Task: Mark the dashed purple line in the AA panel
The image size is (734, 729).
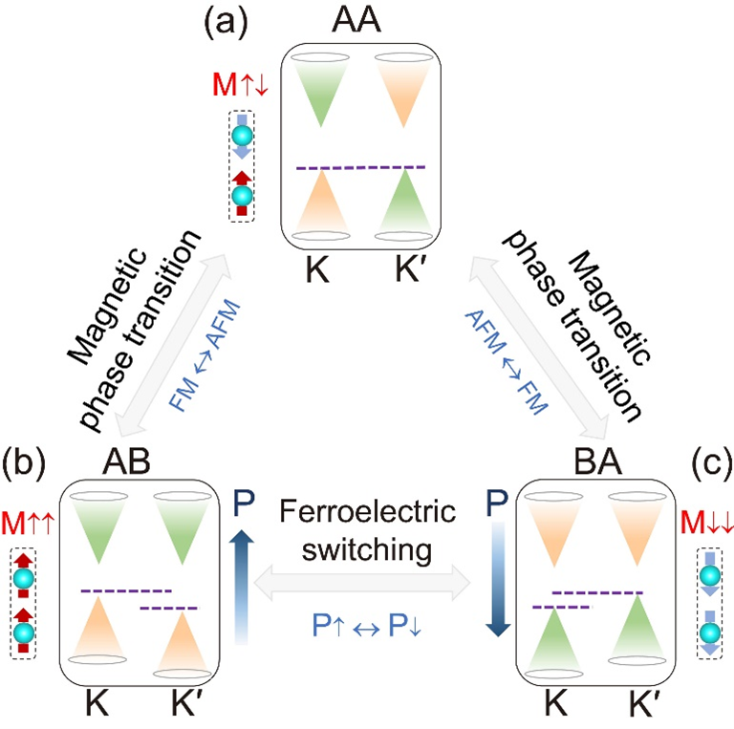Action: pyautogui.click(x=360, y=168)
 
